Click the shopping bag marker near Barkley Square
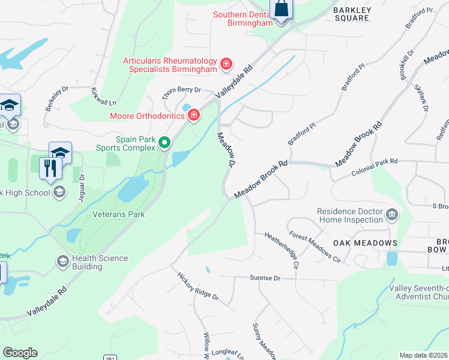[281, 10]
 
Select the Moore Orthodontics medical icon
[194, 115]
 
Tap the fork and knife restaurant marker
[49, 167]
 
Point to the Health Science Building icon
[62, 262]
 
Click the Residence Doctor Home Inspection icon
[392, 214]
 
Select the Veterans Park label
[119, 214]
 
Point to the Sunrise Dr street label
[265, 278]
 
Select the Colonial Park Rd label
[375, 162]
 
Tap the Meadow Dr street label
[224, 150]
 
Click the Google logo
[20, 352]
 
